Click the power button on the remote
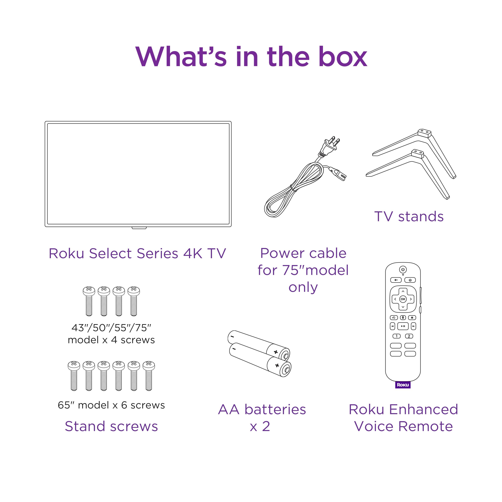click(403, 269)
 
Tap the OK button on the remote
click(403, 299)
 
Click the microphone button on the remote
click(403, 318)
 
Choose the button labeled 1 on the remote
click(396, 336)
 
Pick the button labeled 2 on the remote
click(409, 336)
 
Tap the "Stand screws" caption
click(111, 426)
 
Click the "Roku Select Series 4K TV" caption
click(137, 253)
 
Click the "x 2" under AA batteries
click(260, 426)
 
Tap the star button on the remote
click(412, 318)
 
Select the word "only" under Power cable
click(303, 287)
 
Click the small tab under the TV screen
click(139, 228)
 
